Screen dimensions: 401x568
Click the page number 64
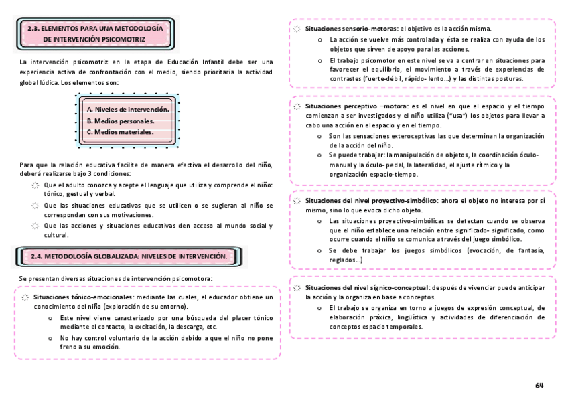pos(539,386)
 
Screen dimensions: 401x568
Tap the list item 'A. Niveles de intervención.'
pos(127,109)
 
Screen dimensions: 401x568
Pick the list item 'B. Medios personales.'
pos(121,121)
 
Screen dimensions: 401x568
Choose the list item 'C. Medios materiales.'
pos(120,132)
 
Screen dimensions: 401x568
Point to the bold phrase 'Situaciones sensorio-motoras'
pos(351,30)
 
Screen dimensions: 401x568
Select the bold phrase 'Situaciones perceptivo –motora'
pos(356,106)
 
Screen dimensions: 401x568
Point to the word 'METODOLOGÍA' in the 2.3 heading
pos(137,30)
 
